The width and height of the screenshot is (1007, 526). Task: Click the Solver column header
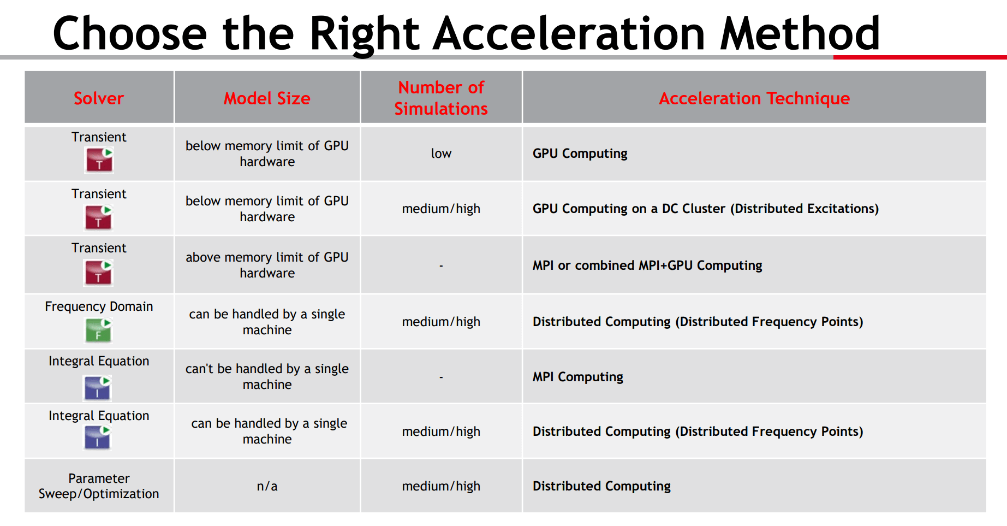pyautogui.click(x=99, y=98)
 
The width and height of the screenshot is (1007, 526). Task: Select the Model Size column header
pyautogui.click(x=267, y=98)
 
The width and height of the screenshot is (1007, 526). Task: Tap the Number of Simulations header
pyautogui.click(x=441, y=98)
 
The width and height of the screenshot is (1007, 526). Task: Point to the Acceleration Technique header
pyautogui.click(x=754, y=98)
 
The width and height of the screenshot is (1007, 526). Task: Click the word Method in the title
pyautogui.click(x=800, y=33)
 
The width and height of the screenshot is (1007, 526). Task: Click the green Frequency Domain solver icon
pyautogui.click(x=99, y=330)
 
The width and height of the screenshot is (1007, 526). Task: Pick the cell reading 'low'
pyautogui.click(x=441, y=153)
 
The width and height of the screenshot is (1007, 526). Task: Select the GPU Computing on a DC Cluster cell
pyautogui.click(x=706, y=209)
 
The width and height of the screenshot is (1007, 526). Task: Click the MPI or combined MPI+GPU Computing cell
pyautogui.click(x=647, y=265)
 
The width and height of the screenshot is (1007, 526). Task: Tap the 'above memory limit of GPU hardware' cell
pyautogui.click(x=267, y=265)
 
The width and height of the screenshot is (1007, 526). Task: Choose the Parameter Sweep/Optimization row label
pyautogui.click(x=99, y=486)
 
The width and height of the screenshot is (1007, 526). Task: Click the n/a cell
pyautogui.click(x=267, y=486)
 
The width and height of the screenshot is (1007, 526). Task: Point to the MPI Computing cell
pyautogui.click(x=578, y=377)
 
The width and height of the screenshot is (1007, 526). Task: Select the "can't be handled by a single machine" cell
pyautogui.click(x=267, y=376)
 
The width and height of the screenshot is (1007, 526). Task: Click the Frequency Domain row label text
pyautogui.click(x=99, y=306)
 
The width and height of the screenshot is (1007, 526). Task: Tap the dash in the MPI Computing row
pyautogui.click(x=441, y=377)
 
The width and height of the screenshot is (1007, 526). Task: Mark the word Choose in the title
pyautogui.click(x=130, y=33)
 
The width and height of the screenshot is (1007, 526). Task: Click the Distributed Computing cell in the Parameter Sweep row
pyautogui.click(x=601, y=486)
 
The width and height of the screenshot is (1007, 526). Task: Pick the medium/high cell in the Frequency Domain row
pyautogui.click(x=441, y=322)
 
